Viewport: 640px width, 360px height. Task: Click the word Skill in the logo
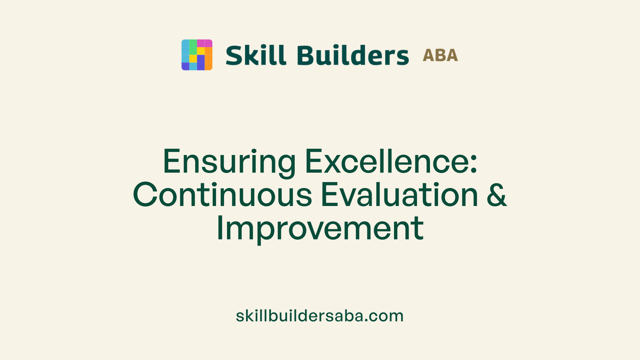pos(256,55)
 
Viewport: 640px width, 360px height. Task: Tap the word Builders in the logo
pos(353,55)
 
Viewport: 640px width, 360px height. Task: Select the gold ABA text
pos(440,55)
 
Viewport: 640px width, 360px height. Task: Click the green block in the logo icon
pos(193,47)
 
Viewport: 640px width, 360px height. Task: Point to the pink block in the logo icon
pos(205,43)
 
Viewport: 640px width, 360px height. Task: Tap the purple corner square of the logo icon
pos(185,66)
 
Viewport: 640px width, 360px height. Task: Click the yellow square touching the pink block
pos(201,51)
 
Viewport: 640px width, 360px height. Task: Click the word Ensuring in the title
pos(229,162)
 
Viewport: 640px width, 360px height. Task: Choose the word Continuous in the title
pos(222,195)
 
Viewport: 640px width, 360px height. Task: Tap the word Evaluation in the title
pos(399,195)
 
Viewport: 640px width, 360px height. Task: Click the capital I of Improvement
pos(220,228)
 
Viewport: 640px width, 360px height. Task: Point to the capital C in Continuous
pos(145,195)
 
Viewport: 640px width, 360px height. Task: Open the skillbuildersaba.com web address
pos(319,316)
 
